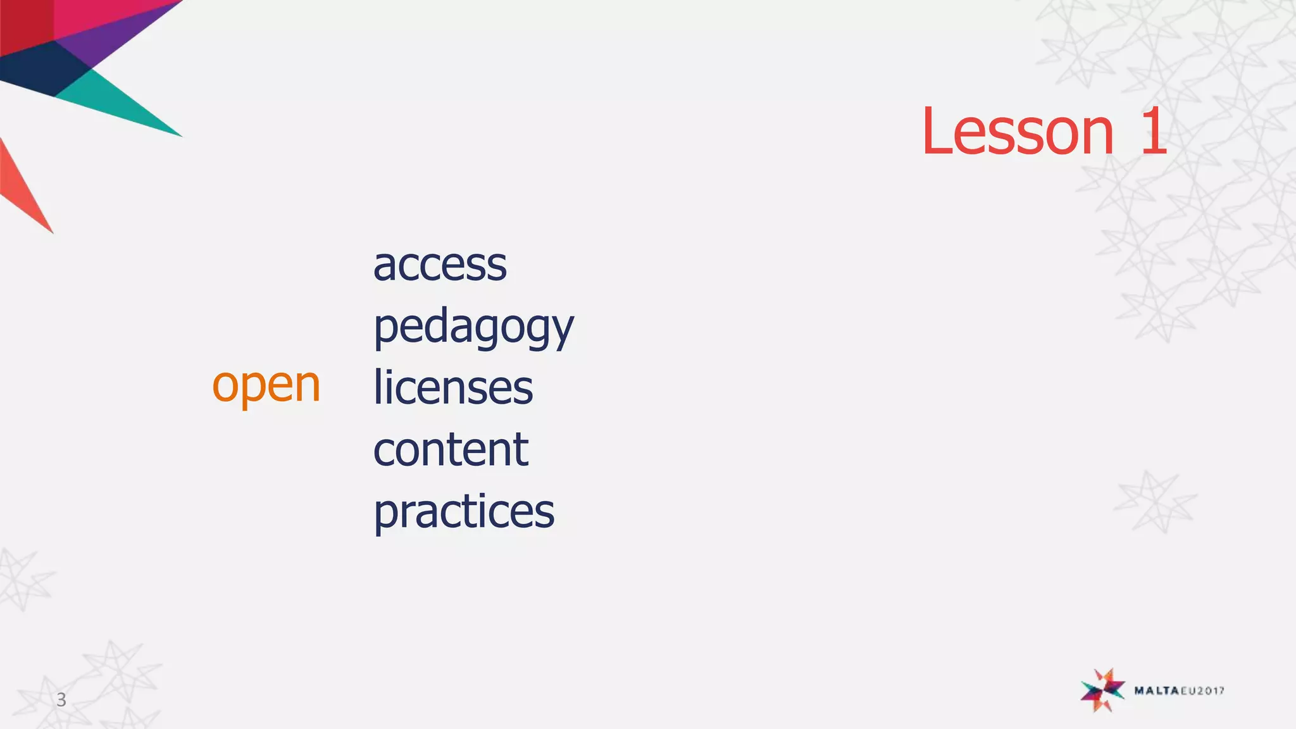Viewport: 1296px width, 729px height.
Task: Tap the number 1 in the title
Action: pos(1154,132)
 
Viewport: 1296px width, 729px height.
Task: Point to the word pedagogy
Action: pos(473,328)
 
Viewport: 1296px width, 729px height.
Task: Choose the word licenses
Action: pos(453,387)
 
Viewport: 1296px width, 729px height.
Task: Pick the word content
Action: pos(451,449)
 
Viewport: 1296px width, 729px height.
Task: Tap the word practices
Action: pos(464,511)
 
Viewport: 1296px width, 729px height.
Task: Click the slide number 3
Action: pos(61,699)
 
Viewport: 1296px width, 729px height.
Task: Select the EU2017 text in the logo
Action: pos(1202,691)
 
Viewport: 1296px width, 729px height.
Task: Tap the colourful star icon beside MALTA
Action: pos(1102,690)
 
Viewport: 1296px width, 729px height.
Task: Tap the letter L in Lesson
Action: pos(935,132)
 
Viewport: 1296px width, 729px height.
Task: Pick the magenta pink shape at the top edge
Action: pos(95,16)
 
